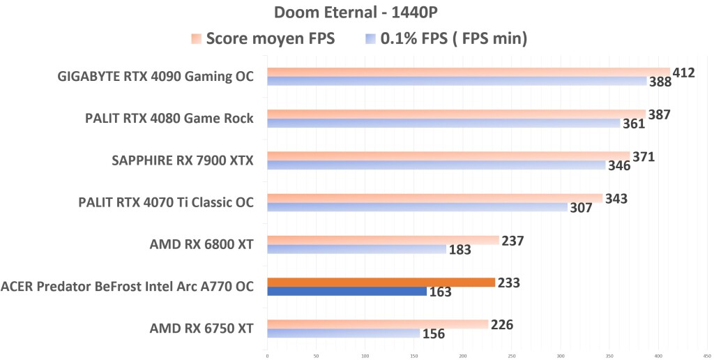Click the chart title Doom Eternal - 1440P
point(356,12)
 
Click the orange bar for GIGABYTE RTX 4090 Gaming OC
point(467,72)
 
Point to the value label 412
point(683,72)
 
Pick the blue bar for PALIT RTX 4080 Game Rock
point(443,123)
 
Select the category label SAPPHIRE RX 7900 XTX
point(183,161)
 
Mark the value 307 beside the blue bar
point(581,207)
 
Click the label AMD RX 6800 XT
point(202,245)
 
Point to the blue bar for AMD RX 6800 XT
point(356,249)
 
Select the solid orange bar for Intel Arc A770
point(381,283)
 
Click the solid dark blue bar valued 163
point(347,292)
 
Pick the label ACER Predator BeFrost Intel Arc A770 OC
point(128,287)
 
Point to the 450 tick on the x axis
point(707,355)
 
